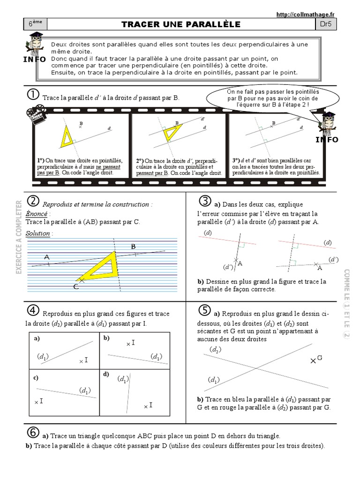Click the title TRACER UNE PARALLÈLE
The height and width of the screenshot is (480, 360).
181,24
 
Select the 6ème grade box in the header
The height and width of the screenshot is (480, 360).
35,24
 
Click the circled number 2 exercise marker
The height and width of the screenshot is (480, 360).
33,202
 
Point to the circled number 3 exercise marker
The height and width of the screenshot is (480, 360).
204,202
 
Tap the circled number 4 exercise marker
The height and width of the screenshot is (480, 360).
33,310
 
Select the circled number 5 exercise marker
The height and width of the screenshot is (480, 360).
204,310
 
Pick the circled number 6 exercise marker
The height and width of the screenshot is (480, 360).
33,432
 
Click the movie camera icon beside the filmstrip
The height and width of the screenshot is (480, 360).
36,115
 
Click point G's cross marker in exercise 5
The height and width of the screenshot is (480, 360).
313,360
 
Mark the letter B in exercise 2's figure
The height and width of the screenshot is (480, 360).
133,247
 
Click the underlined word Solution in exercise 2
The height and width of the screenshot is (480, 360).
38,233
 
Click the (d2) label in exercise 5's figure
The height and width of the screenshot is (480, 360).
216,350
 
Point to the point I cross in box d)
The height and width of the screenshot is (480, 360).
146,406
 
